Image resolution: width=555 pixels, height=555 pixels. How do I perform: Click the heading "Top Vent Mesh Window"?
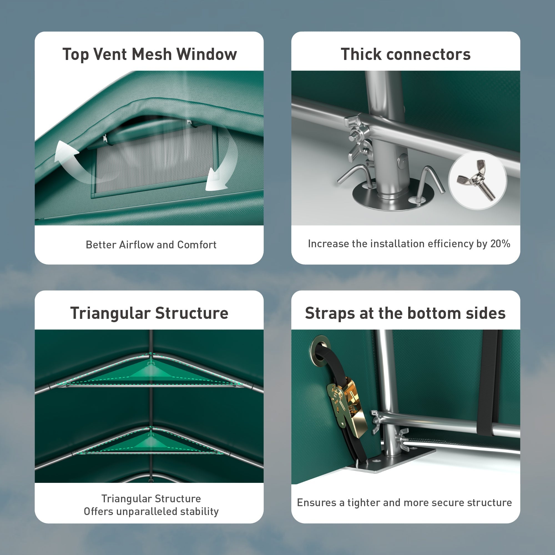(x=150, y=54)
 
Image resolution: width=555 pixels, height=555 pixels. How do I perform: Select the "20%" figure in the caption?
(x=500, y=244)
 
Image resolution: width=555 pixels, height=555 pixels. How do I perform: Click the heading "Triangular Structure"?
(x=149, y=313)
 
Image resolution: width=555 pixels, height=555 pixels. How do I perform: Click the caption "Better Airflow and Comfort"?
(x=151, y=245)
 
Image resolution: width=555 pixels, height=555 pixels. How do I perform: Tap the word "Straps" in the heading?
(x=330, y=313)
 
